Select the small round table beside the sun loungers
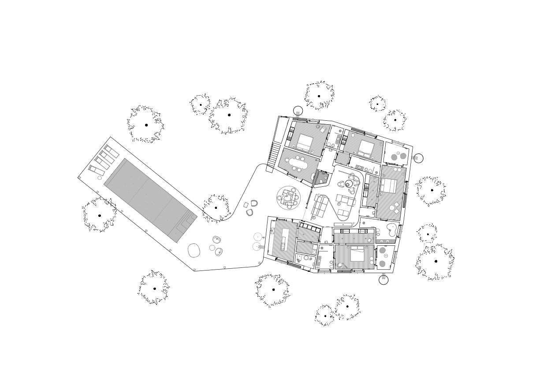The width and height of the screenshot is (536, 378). (100, 178)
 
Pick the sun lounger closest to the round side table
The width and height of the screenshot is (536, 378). (97, 170)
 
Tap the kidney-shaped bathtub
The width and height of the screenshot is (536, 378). (391, 230)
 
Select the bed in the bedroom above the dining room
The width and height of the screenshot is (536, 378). (305, 142)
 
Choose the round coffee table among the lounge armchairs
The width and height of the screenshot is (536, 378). (349, 184)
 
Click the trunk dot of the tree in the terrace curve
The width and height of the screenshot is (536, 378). (216, 208)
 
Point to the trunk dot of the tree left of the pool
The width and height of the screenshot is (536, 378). (100, 215)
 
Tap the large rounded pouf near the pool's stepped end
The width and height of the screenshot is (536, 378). (194, 250)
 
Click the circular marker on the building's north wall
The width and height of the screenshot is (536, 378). (298, 111)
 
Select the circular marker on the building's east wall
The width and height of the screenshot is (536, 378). (418, 158)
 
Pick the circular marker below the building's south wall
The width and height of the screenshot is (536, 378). (383, 280)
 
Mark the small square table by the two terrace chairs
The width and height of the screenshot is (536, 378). (246, 205)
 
